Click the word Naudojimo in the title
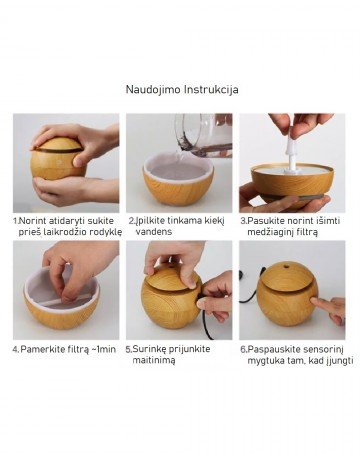[x=153, y=89]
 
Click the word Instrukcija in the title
[x=211, y=89]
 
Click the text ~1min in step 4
[x=104, y=349]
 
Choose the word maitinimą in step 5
[x=154, y=360]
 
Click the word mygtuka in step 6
[x=261, y=361]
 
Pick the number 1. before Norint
[x=16, y=221]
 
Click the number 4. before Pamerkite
[x=16, y=349]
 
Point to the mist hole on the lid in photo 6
[x=286, y=267]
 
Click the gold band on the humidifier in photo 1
[x=57, y=150]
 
